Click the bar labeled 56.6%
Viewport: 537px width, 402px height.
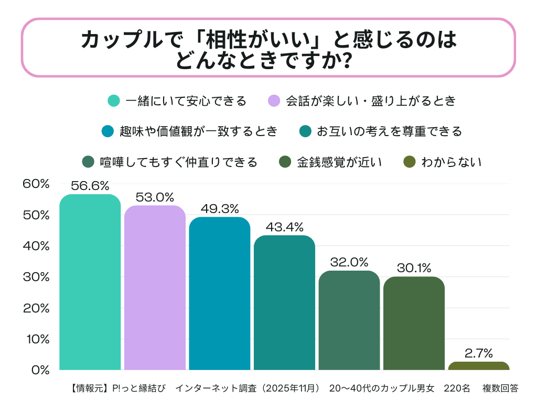90,283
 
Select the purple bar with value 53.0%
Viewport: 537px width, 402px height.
155,288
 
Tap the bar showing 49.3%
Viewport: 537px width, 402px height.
220,294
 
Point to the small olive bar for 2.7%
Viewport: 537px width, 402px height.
478,366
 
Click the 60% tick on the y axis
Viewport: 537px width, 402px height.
36,184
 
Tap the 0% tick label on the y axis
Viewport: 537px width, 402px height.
40,370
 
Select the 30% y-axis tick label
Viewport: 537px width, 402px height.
36,277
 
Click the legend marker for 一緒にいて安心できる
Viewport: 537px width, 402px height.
114,101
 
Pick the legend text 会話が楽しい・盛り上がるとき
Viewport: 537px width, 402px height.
370,101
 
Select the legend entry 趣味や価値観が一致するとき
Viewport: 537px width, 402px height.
198,131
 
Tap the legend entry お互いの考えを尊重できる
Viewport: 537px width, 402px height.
389,131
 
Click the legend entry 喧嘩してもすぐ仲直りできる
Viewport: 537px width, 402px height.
179,162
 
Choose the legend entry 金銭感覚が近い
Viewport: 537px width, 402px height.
339,162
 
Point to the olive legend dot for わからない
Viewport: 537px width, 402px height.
410,162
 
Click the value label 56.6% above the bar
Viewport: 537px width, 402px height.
90,186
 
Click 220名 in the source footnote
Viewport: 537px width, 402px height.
456,388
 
